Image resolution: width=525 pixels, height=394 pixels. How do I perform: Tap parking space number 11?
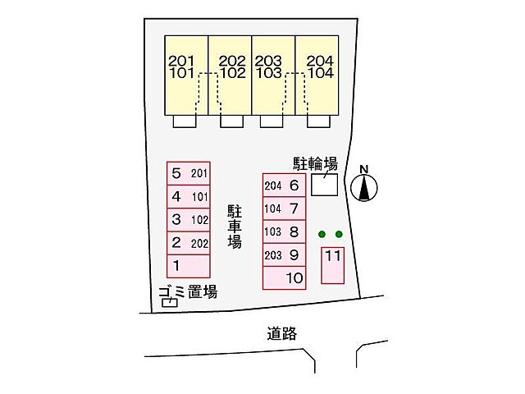point(332,263)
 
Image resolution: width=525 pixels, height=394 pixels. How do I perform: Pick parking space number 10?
point(284,278)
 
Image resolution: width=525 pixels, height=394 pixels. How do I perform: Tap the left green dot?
point(322,235)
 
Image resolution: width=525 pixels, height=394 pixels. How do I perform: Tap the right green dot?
point(339,235)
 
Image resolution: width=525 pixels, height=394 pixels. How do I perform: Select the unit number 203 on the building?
point(268,61)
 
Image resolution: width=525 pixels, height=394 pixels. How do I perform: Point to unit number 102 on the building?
point(233,73)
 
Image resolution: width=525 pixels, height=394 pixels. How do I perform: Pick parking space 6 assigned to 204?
point(284,186)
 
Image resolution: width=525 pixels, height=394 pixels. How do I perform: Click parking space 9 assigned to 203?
point(284,254)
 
